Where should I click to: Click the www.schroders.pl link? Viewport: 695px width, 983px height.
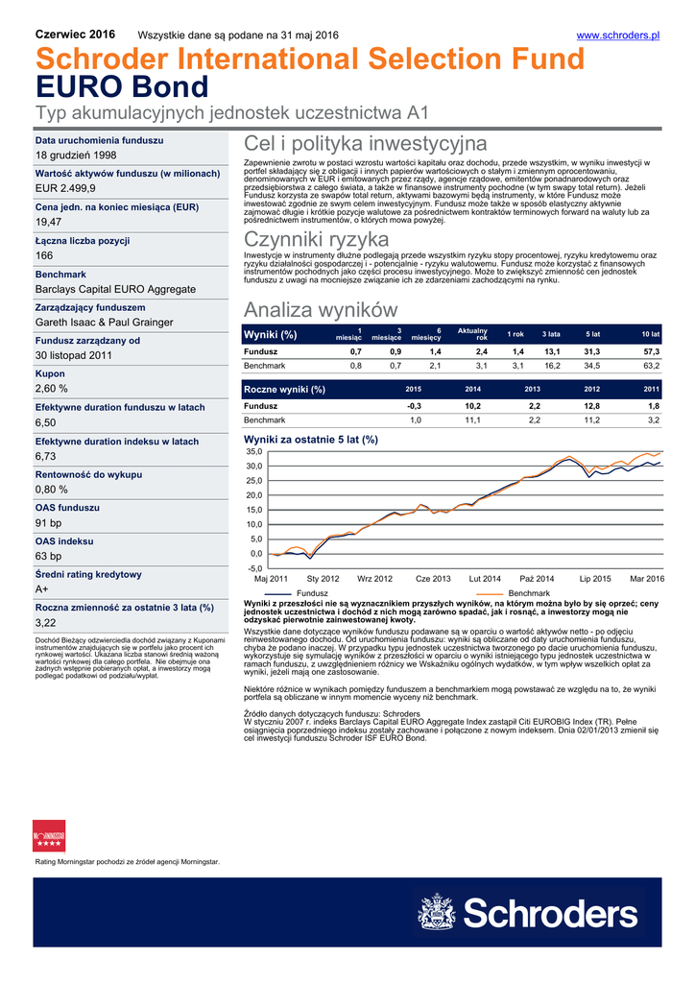tap(617, 36)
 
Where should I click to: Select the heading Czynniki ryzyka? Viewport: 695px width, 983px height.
tap(316, 239)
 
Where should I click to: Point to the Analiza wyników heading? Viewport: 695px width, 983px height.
tap(320, 310)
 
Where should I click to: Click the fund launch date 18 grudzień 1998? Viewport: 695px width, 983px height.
tap(76, 156)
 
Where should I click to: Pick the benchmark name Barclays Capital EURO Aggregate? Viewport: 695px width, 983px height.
tap(115, 289)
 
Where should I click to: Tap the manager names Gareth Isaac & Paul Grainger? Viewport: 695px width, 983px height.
tap(105, 323)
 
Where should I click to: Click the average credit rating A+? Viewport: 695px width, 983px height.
tap(43, 589)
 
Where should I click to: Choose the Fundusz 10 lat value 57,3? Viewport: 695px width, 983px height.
tap(651, 352)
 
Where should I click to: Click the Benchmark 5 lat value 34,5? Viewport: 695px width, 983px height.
tap(591, 367)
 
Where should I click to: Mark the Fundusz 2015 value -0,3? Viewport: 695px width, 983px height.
tap(414, 406)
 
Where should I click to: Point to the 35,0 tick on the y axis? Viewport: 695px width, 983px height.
tap(254, 451)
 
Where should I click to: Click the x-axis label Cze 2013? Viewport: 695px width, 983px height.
tap(433, 580)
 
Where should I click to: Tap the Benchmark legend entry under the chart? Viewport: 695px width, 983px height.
tap(528, 594)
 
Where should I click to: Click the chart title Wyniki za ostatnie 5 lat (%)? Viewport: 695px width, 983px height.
tap(311, 439)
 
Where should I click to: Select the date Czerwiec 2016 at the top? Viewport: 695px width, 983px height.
tap(75, 35)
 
